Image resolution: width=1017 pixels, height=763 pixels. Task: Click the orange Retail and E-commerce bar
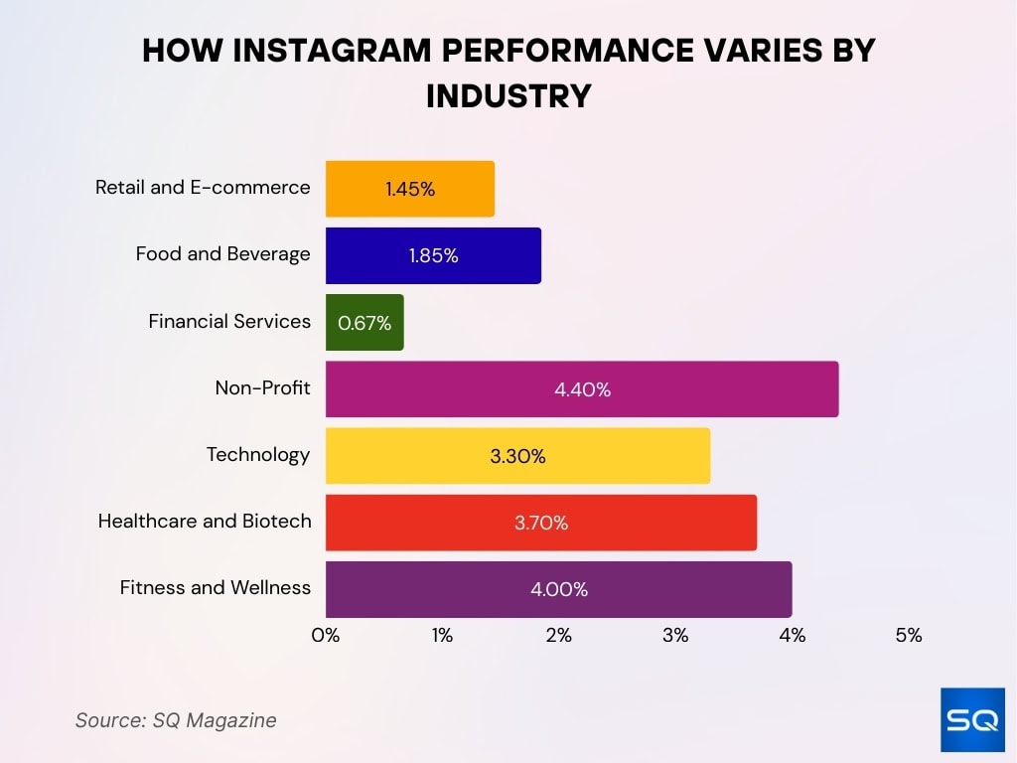409,189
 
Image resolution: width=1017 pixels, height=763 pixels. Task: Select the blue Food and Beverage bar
433,255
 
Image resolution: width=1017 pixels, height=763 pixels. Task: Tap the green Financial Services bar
364,322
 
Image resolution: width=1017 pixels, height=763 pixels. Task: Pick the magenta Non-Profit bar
582,389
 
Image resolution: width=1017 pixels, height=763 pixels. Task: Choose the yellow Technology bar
517,456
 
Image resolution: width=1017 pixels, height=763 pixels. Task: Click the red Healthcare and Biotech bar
541,523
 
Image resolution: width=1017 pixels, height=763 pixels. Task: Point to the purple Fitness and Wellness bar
558,589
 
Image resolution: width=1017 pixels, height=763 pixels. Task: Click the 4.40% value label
582,389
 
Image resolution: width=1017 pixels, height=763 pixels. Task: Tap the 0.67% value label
364,323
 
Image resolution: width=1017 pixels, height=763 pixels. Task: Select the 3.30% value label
517,456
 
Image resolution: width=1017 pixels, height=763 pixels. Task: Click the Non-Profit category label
262,387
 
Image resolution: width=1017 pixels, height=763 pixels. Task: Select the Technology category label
258,454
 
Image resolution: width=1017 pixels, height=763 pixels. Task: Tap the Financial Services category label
229,321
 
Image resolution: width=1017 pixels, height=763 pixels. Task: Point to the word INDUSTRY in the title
508,95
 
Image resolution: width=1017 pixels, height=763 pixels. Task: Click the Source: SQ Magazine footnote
176,720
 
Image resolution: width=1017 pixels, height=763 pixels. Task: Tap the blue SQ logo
972,719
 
